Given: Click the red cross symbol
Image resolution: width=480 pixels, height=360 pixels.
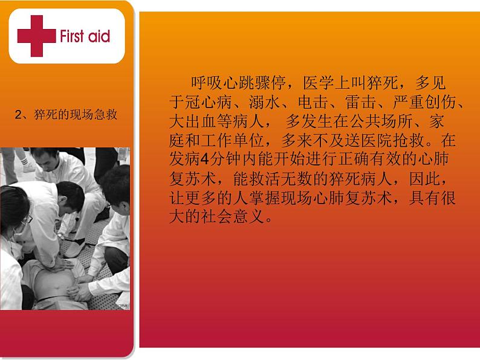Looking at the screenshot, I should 35,36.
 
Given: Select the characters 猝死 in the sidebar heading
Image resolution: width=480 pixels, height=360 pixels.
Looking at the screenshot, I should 42,114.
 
